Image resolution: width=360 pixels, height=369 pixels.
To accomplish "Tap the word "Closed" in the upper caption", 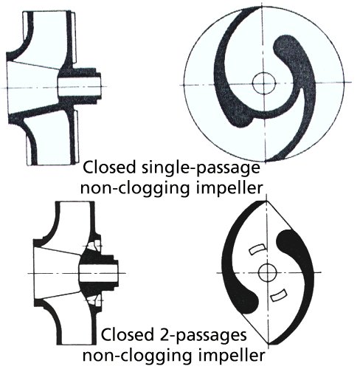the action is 109,168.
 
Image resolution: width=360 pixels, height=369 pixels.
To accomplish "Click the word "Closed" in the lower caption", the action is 127,334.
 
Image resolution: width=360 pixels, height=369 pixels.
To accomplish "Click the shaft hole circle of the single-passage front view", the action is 264,83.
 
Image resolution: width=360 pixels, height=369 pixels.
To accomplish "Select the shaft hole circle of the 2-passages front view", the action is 268,272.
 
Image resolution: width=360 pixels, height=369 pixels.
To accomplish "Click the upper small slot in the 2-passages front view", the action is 257,249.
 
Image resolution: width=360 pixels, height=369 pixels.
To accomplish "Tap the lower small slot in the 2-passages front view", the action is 278,294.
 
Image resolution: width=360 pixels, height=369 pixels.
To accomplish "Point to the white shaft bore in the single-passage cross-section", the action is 80,87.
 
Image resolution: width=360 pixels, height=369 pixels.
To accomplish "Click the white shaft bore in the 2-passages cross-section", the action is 97,273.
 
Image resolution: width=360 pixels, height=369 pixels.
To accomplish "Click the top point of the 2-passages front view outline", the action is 266,201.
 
